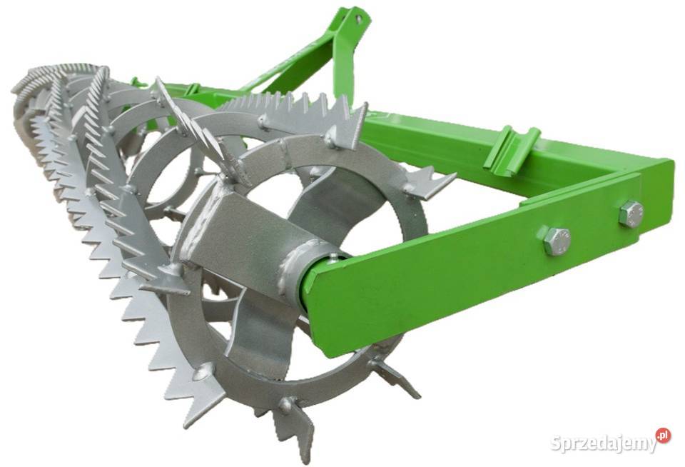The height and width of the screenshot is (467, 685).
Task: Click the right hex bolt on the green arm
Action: [x=631, y=214]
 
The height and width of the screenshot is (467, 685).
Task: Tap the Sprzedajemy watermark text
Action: [x=604, y=443]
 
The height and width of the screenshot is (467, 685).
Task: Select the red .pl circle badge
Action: [x=663, y=436]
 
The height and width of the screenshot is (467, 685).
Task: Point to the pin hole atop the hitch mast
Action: [x=359, y=19]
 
